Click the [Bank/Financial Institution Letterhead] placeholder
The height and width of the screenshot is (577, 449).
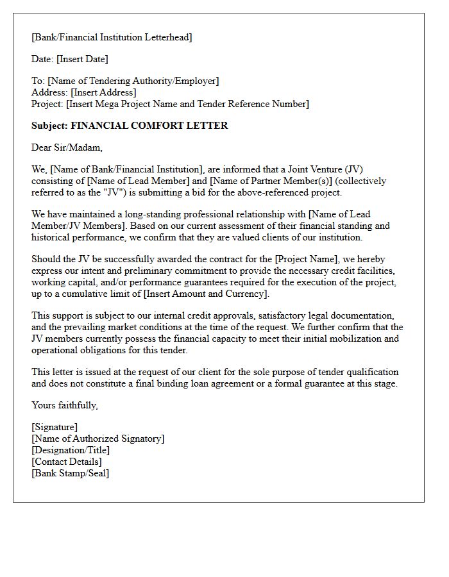click(x=112, y=37)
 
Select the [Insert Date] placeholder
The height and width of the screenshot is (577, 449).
click(x=82, y=59)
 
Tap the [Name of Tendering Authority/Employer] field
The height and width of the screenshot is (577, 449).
click(x=133, y=81)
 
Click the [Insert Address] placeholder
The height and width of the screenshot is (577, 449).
click(x=103, y=92)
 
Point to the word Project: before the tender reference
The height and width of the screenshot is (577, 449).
click(x=47, y=104)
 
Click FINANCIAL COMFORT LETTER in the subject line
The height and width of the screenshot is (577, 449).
click(x=149, y=126)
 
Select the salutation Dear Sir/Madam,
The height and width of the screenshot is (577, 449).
click(x=67, y=147)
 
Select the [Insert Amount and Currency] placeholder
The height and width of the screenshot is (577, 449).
click(x=205, y=294)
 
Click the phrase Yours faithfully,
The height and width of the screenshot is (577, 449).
click(x=65, y=405)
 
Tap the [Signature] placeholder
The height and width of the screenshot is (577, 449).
click(x=55, y=427)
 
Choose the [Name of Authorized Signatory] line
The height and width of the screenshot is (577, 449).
click(x=97, y=439)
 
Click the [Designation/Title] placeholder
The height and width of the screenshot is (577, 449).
click(x=71, y=450)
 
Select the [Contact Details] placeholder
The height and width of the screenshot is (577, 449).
click(x=67, y=462)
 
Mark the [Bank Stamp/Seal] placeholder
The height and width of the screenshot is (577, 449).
click(x=71, y=473)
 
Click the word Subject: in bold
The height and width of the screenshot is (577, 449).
click(x=49, y=126)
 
